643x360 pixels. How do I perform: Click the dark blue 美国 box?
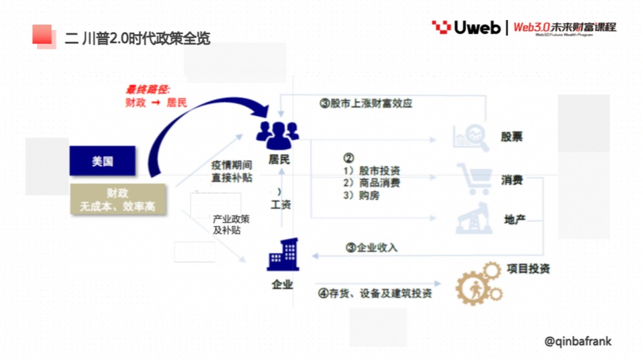tap(103, 161)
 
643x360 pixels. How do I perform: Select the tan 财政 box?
tap(118, 199)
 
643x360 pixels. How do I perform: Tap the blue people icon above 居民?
tap(277, 132)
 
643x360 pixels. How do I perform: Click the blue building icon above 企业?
tap(282, 255)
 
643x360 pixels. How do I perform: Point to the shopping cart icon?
tap(475, 179)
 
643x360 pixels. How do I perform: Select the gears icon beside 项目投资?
tap(479, 283)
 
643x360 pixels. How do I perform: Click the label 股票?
tap(512, 137)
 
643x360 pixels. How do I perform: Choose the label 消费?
tap(512, 180)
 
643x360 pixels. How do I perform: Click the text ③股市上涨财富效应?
tap(366, 103)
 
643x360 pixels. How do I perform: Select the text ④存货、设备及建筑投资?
tap(375, 293)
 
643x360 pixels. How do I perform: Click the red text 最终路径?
tap(147, 90)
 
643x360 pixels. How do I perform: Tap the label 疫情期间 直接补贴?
tap(232, 171)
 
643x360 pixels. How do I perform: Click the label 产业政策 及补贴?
tap(231, 225)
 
